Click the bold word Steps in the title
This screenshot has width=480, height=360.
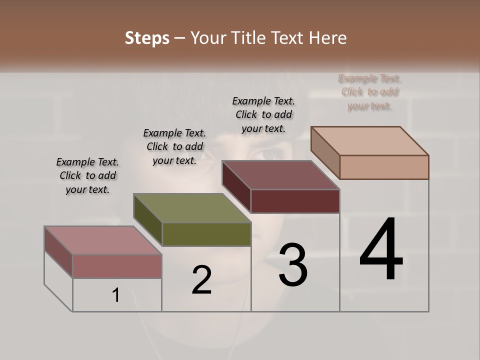pos(147,38)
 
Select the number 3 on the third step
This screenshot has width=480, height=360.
pos(293,265)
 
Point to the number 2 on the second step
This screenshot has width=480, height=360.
pos(201,280)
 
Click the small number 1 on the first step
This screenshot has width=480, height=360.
pos(116,295)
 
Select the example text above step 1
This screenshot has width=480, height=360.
pos(87,175)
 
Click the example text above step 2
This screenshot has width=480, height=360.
pos(174,146)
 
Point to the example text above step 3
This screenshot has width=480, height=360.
pos(263,114)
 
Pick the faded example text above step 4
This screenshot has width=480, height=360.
pos(370,92)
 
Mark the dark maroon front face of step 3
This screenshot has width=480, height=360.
pos(295,201)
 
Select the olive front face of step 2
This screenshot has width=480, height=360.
pos(206,234)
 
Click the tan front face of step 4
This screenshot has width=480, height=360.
pos(384,167)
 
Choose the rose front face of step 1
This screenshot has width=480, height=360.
pos(117,266)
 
